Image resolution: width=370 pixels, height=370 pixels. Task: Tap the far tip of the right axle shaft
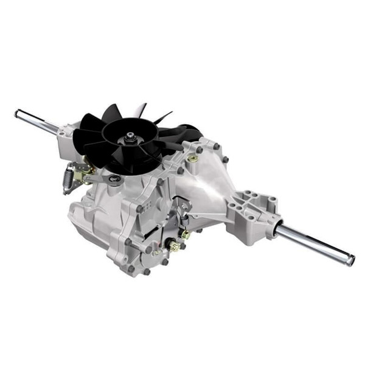coord(350,260)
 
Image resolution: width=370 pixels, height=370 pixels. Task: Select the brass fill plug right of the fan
coord(193,159)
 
